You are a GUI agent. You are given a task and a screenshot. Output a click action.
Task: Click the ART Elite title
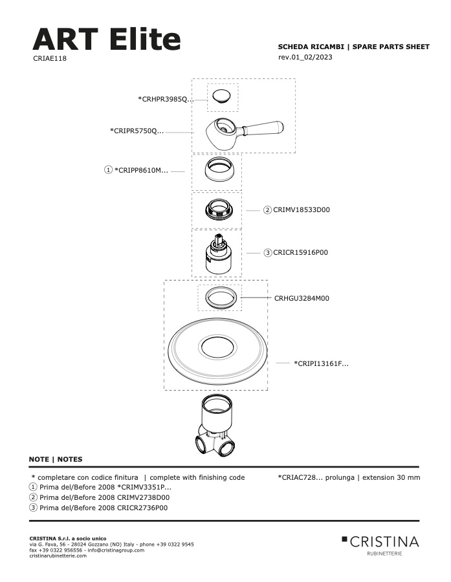click(x=107, y=39)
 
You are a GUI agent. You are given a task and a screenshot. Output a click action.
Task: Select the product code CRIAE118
click(x=50, y=58)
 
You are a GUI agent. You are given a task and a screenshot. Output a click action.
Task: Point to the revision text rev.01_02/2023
click(x=305, y=57)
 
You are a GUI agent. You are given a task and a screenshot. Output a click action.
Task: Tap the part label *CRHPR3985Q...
click(x=166, y=99)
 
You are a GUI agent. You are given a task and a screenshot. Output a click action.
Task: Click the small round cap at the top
click(x=222, y=96)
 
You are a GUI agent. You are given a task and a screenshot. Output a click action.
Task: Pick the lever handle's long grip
click(x=263, y=127)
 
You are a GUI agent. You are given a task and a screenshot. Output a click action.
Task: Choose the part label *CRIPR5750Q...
click(x=137, y=131)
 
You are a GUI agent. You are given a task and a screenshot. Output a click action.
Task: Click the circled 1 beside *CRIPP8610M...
click(x=108, y=170)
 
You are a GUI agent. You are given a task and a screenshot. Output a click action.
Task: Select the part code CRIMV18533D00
click(x=302, y=210)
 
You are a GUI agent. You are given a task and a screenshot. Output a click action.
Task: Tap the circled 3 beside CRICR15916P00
click(x=267, y=253)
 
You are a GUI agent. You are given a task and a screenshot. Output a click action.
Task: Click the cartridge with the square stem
click(x=217, y=254)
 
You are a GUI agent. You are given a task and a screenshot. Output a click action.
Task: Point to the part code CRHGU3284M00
click(x=302, y=298)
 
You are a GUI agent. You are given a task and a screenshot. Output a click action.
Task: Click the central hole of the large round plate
click(x=217, y=347)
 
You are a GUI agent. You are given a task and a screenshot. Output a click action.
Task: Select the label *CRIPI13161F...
click(x=322, y=363)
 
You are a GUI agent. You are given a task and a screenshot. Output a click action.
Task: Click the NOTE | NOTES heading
click(x=56, y=459)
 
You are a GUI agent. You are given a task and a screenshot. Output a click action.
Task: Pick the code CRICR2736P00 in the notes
click(x=142, y=508)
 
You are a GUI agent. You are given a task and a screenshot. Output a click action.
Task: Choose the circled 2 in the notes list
click(x=33, y=497)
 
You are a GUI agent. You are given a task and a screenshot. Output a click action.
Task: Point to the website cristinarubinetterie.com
click(x=58, y=555)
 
